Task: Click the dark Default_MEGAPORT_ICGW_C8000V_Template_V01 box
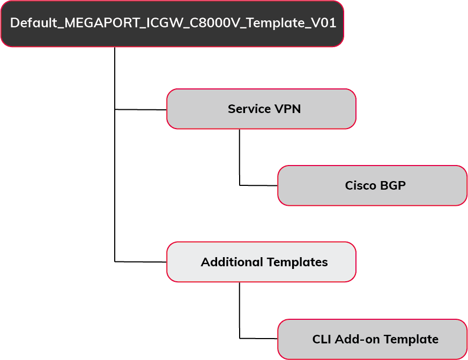[172, 24]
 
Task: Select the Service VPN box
[261, 109]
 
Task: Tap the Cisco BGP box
[372, 185]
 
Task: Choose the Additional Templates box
[261, 262]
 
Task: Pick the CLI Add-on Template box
[372, 339]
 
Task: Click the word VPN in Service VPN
[288, 109]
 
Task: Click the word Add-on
[352, 340]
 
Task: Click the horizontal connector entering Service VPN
[140, 109]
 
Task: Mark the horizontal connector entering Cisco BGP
[258, 185]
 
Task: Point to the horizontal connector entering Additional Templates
[140, 261]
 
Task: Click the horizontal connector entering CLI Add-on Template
[258, 338]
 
